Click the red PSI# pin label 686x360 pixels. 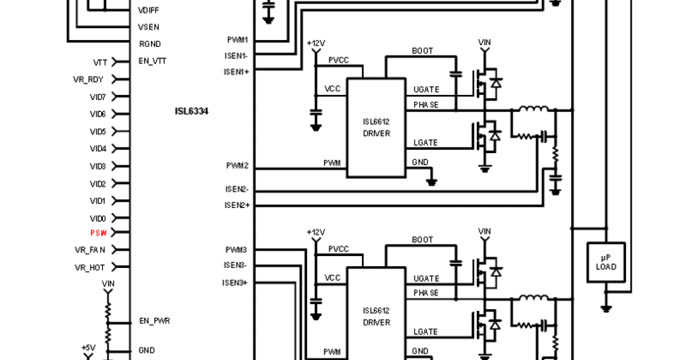point(98,233)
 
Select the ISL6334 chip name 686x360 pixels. point(192,111)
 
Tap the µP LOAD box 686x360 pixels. point(606,262)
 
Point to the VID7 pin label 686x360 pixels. point(98,97)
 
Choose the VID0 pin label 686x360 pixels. point(98,219)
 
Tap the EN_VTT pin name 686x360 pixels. point(152,61)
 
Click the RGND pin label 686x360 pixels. point(150,44)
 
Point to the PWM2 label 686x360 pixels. point(237,166)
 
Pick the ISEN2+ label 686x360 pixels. point(236,205)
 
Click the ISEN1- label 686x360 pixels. point(236,56)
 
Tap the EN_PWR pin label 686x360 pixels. point(154,321)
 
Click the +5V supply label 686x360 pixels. point(88,347)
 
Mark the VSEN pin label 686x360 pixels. point(149,27)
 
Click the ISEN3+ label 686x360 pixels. point(235,283)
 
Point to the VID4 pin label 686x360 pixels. point(98,149)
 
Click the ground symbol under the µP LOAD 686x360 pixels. point(606,309)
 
